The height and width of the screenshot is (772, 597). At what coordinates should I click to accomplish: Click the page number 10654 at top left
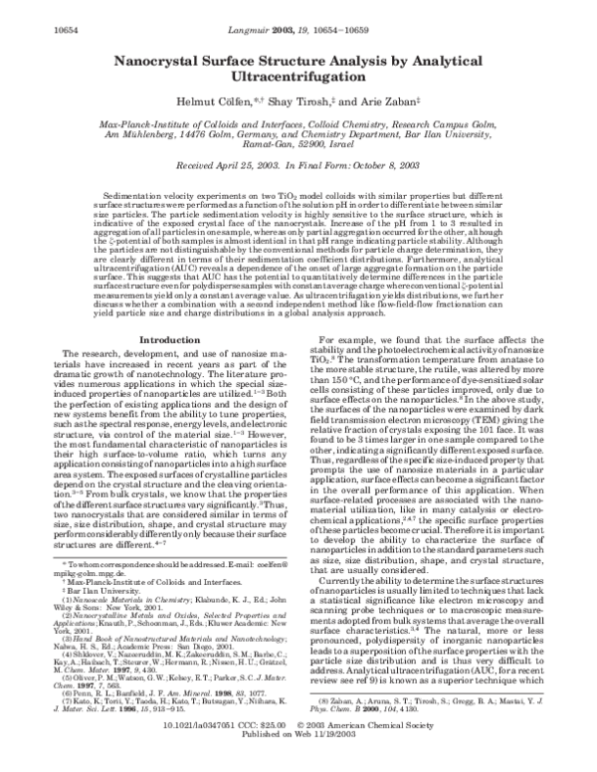(x=31, y=8)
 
